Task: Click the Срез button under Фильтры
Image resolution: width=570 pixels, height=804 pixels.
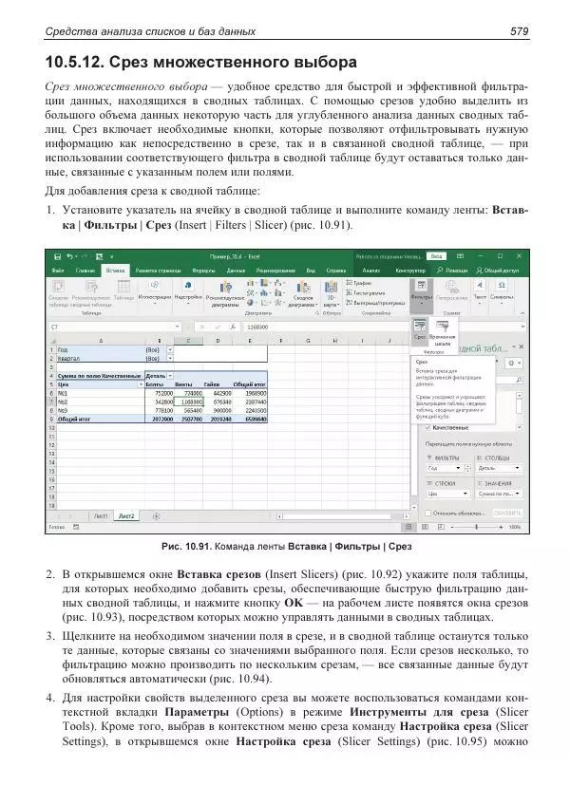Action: coord(419,329)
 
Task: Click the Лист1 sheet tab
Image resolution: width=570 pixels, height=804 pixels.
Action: coord(99,515)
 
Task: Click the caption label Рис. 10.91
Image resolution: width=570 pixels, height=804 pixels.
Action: coord(187,547)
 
